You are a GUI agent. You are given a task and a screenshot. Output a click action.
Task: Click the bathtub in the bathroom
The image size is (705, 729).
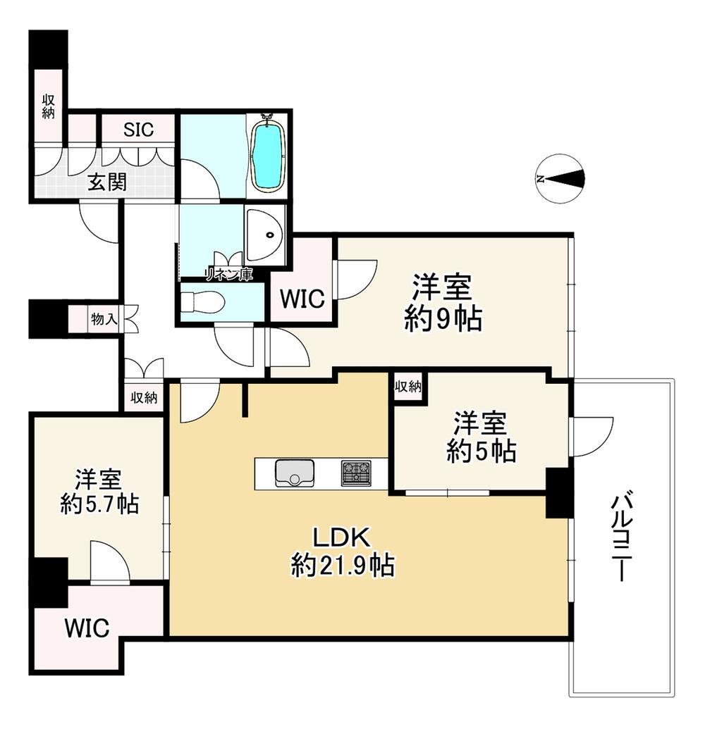268,153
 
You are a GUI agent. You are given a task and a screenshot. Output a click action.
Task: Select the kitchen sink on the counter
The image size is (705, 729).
295,473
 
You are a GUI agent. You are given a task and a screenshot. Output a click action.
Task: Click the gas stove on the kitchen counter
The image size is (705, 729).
356,473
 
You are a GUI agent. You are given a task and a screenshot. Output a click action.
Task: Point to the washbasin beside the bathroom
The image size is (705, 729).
264,235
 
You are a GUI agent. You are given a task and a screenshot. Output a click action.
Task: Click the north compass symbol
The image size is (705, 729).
559,178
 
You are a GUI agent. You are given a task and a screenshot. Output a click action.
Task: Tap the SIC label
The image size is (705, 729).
139,130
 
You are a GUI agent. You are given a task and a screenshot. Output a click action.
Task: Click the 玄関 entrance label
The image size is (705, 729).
107,182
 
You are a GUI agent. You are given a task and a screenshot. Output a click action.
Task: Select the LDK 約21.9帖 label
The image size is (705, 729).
343,552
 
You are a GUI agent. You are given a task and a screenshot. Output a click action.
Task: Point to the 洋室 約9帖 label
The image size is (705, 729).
443,303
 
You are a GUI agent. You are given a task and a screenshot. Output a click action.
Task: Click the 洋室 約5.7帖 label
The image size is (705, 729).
99,491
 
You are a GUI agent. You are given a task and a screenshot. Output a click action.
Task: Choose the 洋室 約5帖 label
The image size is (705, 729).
482,437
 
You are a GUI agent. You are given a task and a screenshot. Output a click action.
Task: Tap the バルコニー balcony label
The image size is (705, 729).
621,537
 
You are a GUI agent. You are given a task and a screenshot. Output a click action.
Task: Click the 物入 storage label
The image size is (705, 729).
104,319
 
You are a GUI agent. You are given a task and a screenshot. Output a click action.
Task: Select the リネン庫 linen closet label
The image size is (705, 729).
229,274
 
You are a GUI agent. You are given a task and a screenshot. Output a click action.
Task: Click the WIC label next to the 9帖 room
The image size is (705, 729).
302,298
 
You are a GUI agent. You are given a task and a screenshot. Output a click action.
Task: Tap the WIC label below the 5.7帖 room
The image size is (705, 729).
87,628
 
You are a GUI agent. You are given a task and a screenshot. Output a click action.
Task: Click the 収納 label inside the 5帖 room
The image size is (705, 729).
408,386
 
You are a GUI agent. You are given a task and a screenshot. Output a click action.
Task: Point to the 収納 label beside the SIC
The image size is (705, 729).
49,106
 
